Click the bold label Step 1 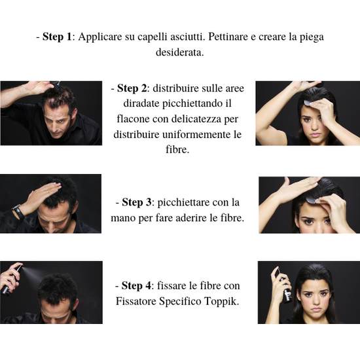tap(57, 37)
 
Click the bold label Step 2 tap(132, 88)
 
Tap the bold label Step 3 tap(137, 202)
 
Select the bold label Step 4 tap(136, 285)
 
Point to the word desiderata tap(180, 52)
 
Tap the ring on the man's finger tap(47, 191)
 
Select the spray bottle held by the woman tap(284, 285)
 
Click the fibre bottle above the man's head tap(56, 85)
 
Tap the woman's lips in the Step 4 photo tap(316, 309)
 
